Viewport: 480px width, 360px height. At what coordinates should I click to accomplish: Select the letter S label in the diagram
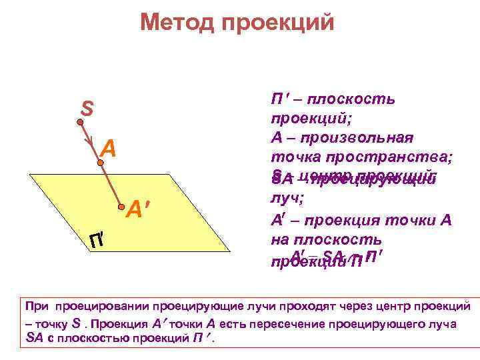click(87, 107)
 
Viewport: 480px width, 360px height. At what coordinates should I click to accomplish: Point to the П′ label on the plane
click(97, 239)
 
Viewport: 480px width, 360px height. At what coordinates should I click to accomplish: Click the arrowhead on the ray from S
click(89, 143)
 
